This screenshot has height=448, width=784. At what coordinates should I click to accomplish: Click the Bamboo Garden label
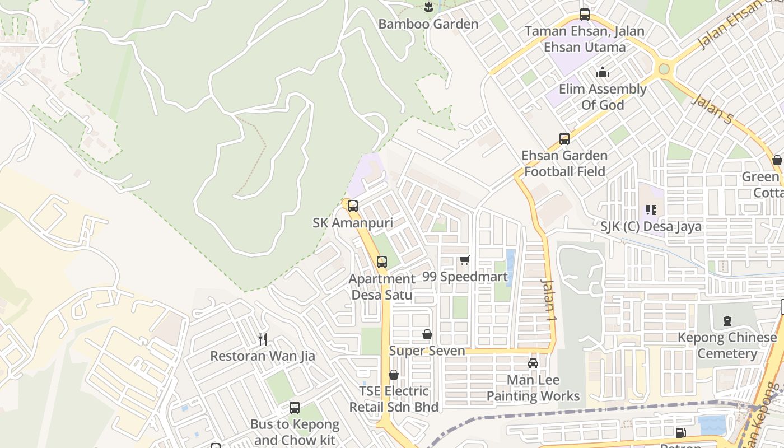point(428,24)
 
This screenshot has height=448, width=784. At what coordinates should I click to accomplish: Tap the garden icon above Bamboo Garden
point(428,7)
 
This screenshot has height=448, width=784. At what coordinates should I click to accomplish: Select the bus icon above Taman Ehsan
point(585,15)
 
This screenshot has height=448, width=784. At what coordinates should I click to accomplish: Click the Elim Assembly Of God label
point(603,97)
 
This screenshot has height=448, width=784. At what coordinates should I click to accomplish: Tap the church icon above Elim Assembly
point(603,72)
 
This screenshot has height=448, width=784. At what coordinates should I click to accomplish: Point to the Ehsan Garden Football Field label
point(564,164)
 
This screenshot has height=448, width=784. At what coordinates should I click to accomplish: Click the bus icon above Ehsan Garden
point(564,139)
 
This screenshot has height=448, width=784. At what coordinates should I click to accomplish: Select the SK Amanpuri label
point(353,223)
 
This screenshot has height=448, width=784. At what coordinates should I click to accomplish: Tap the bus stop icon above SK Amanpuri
point(353,206)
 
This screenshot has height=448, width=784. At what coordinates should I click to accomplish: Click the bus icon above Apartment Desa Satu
point(382,262)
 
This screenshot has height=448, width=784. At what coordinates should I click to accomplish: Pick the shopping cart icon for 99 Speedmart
point(464,260)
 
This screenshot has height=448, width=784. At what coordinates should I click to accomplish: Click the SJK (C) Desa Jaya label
point(651,227)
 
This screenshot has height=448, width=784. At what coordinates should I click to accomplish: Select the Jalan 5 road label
point(712,109)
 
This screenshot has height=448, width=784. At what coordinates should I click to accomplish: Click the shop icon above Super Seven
point(427,334)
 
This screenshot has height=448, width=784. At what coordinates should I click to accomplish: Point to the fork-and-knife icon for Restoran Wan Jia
point(262,339)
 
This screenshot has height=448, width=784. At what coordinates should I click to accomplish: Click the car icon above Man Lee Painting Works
point(533,363)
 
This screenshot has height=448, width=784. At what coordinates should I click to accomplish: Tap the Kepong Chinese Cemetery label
point(727,346)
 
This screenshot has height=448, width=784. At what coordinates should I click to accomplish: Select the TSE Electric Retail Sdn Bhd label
point(394,399)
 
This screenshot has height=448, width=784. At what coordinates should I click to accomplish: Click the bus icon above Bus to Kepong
point(295,408)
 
